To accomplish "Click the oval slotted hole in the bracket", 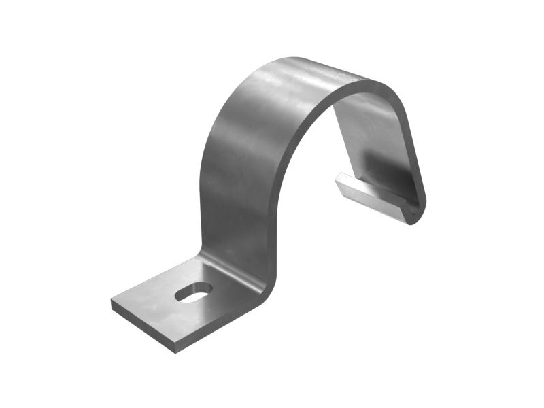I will tap(194, 292).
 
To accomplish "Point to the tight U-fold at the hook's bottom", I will tap(413, 214).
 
